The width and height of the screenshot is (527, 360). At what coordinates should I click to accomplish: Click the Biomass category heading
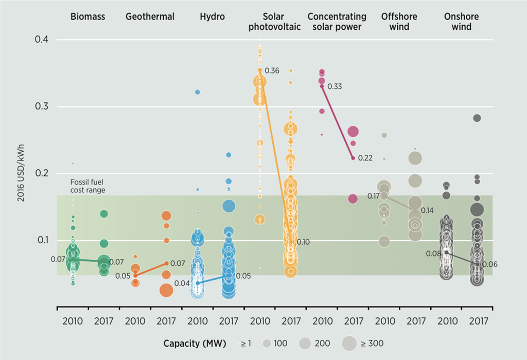[87, 17]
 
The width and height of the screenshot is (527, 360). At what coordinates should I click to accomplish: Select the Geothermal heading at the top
[150, 17]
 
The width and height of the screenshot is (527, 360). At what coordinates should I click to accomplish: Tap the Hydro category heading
[213, 17]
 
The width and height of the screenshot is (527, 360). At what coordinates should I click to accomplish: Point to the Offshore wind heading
[399, 21]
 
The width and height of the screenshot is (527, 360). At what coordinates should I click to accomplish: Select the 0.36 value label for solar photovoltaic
[272, 70]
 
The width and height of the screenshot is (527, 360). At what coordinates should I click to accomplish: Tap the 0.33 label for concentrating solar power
[335, 86]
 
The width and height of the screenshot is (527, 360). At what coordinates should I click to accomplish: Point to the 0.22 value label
[365, 158]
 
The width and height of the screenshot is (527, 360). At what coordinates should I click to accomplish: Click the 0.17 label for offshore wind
[374, 196]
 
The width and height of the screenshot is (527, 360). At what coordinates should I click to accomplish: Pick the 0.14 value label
[427, 211]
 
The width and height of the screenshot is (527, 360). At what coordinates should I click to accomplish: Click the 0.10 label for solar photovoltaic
[303, 242]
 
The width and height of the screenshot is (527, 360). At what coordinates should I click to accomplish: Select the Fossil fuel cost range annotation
[88, 186]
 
